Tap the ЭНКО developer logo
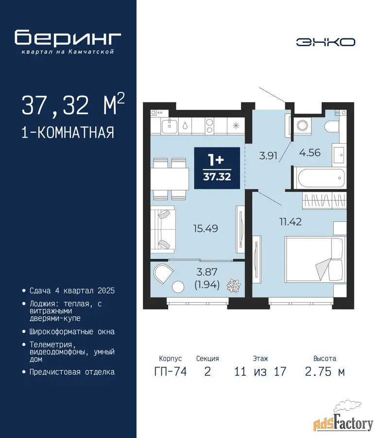[326, 42]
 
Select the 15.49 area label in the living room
[206, 229]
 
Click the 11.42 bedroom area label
[290, 222]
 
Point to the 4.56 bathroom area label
[310, 152]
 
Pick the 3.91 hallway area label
[268, 156]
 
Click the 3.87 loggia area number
[207, 272]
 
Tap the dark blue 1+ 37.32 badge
[217, 168]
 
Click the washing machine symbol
[302, 125]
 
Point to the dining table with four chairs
[170, 179]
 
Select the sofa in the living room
[163, 230]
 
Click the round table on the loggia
[178, 287]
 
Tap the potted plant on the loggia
[233, 285]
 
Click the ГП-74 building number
[171, 371]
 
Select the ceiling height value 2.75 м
[325, 371]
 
